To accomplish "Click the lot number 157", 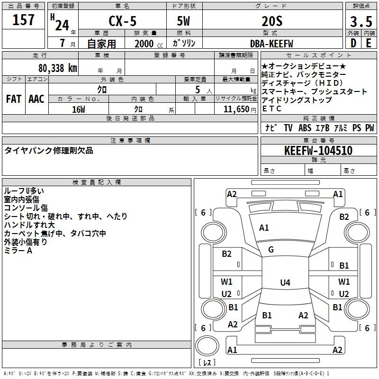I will [24, 20].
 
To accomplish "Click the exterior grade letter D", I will [353, 43].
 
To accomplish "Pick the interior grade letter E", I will [369, 43].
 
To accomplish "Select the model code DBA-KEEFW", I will [271, 44].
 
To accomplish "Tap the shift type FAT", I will [14, 99].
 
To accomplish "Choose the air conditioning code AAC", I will [36, 99].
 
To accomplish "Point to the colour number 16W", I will [79, 109].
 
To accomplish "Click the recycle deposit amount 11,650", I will [235, 109].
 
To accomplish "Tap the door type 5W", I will [184, 21].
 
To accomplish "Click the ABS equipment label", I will [304, 128].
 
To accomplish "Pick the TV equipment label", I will [288, 128].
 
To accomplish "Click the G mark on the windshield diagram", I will [271, 250].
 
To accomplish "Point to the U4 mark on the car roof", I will [285, 283].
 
